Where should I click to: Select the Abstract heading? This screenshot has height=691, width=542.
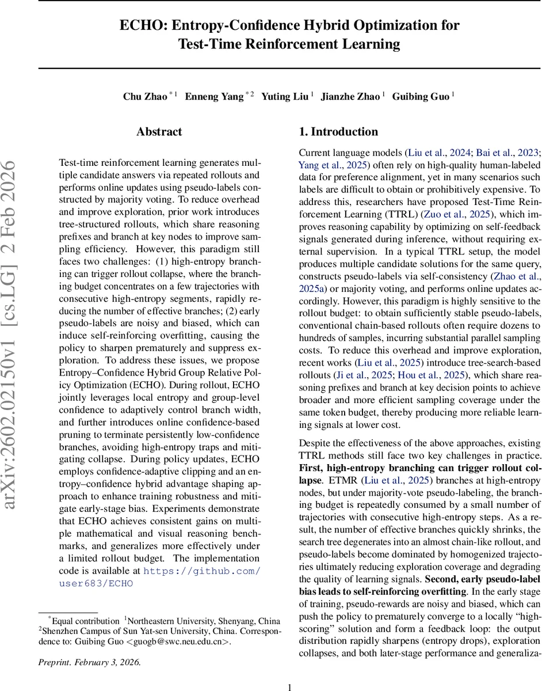(160, 132)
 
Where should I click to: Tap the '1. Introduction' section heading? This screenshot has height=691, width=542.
(338, 132)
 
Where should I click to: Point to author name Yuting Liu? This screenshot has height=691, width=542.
(285, 96)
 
